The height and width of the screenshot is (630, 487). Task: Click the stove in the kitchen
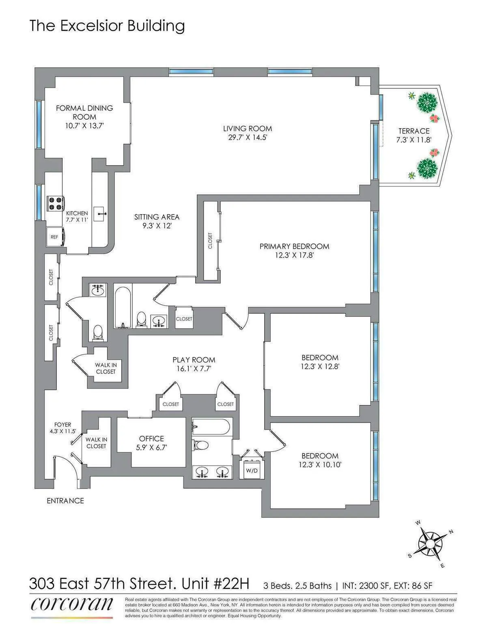55,203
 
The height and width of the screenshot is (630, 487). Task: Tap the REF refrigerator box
54,237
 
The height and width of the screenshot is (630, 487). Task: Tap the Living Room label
248,129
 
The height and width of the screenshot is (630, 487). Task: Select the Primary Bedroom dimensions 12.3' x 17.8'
294,255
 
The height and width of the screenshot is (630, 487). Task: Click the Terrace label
414,131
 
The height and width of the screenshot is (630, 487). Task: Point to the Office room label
151,439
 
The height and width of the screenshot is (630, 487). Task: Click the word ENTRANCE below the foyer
65,501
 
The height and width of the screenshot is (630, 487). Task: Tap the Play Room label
194,360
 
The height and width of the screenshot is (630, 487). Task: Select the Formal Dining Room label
84,112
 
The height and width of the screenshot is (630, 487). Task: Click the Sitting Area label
157,217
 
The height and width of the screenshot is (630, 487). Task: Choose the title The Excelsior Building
107,26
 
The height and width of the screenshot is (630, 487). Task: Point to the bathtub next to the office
211,427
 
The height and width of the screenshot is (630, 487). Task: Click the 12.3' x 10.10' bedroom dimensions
320,465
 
